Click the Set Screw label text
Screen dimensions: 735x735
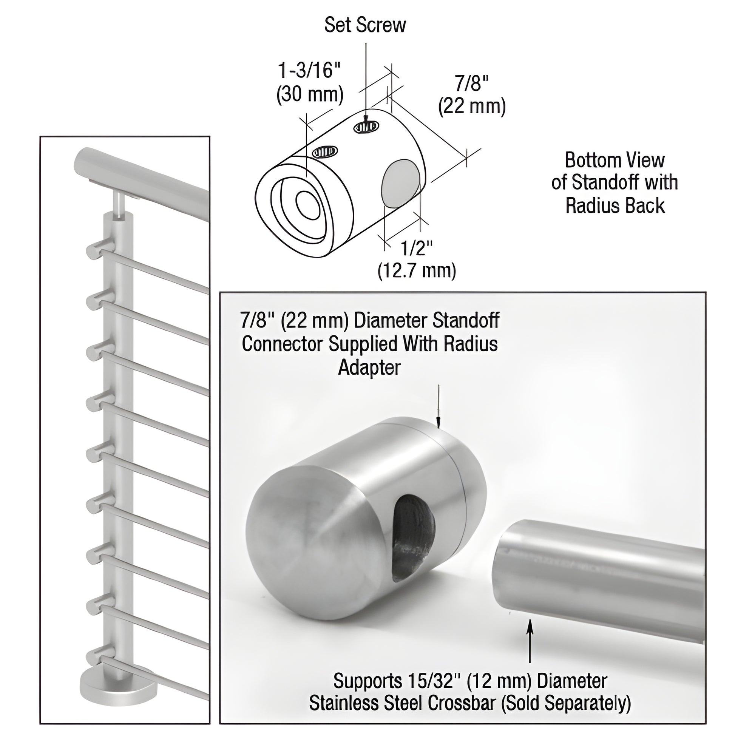click(365, 25)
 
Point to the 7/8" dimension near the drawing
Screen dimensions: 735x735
click(472, 83)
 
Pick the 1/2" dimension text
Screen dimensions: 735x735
click(417, 249)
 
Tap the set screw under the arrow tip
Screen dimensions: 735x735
click(366, 127)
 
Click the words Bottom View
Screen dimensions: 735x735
click(615, 160)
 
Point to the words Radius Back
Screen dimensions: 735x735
click(615, 206)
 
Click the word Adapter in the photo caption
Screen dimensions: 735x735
click(369, 367)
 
